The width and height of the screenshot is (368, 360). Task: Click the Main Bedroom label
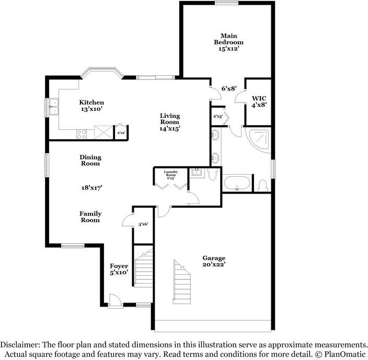[228, 38]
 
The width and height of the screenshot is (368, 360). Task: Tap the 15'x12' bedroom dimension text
[228, 49]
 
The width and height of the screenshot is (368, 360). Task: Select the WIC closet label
[259, 98]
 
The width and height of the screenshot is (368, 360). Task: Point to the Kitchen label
[91, 102]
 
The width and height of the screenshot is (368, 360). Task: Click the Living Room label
[170, 119]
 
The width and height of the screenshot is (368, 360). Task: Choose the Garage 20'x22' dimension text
[214, 265]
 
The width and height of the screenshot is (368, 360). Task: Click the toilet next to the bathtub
[262, 185]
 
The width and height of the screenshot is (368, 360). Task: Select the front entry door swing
[114, 299]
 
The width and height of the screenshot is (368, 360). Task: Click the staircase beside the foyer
[142, 268]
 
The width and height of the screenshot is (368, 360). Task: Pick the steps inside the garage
[182, 283]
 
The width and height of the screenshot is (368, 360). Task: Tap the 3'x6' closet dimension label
[143, 224]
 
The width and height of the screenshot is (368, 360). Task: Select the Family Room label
[90, 217]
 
